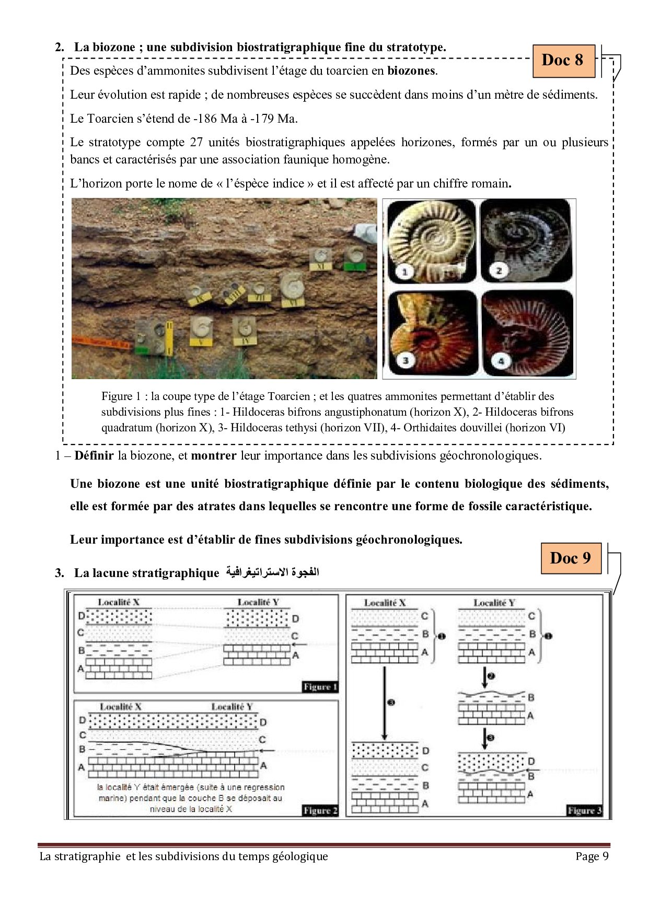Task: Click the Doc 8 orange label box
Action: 563,61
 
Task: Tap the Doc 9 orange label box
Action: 571,558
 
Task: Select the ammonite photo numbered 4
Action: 527,333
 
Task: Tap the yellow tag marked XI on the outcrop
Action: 320,266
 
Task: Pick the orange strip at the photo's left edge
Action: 99,343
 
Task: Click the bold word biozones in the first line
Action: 411,71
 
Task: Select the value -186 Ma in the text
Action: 215,119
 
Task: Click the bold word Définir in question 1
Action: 94,455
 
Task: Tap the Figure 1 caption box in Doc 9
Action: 320,687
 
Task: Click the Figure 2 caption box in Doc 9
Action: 320,811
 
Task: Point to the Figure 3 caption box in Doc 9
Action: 584,811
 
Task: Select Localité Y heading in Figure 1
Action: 258,602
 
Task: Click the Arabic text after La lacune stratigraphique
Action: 272,572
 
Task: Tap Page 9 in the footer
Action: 592,856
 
